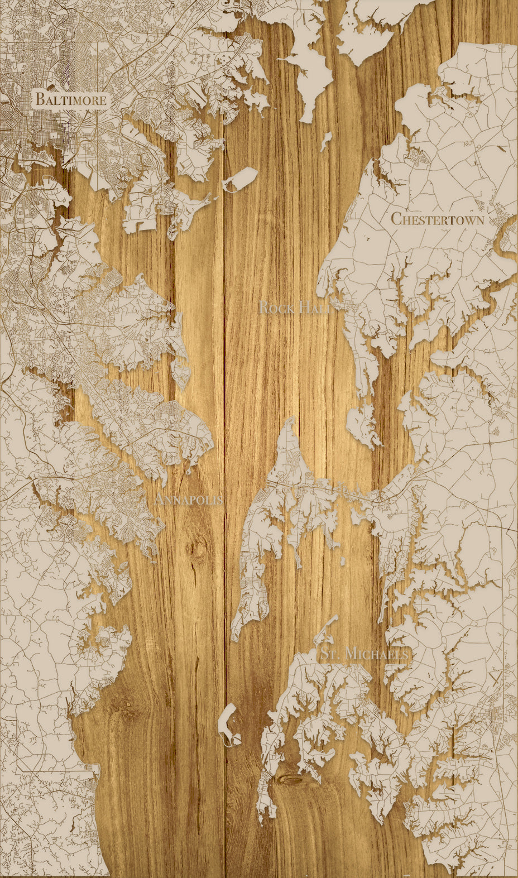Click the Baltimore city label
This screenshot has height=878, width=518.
70,100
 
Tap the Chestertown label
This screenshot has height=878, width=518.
437,219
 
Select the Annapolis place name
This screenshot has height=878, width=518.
189,499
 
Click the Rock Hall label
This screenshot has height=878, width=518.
296,308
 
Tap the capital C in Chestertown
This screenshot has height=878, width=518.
396,218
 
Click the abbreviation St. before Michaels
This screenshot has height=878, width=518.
329,654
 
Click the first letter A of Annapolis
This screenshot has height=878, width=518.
160,499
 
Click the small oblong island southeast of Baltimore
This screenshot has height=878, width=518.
241,179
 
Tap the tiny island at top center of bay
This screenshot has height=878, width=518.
326,141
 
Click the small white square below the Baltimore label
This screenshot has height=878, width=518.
53,135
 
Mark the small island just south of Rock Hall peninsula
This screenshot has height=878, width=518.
363,424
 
